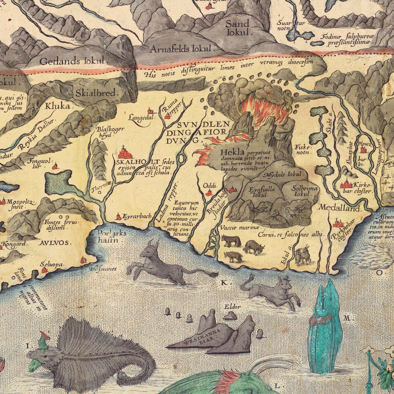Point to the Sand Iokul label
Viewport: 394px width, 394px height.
237,28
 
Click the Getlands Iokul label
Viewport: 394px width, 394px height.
72,61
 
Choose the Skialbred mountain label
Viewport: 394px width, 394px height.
97,93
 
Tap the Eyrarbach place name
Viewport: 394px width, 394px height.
136,216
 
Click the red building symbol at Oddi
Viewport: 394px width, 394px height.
208,193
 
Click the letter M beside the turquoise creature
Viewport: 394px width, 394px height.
347,318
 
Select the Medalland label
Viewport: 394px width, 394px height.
339,208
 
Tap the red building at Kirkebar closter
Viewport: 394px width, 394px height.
346,185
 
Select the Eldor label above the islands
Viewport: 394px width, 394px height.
232,307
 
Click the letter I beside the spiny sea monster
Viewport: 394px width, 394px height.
28,344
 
